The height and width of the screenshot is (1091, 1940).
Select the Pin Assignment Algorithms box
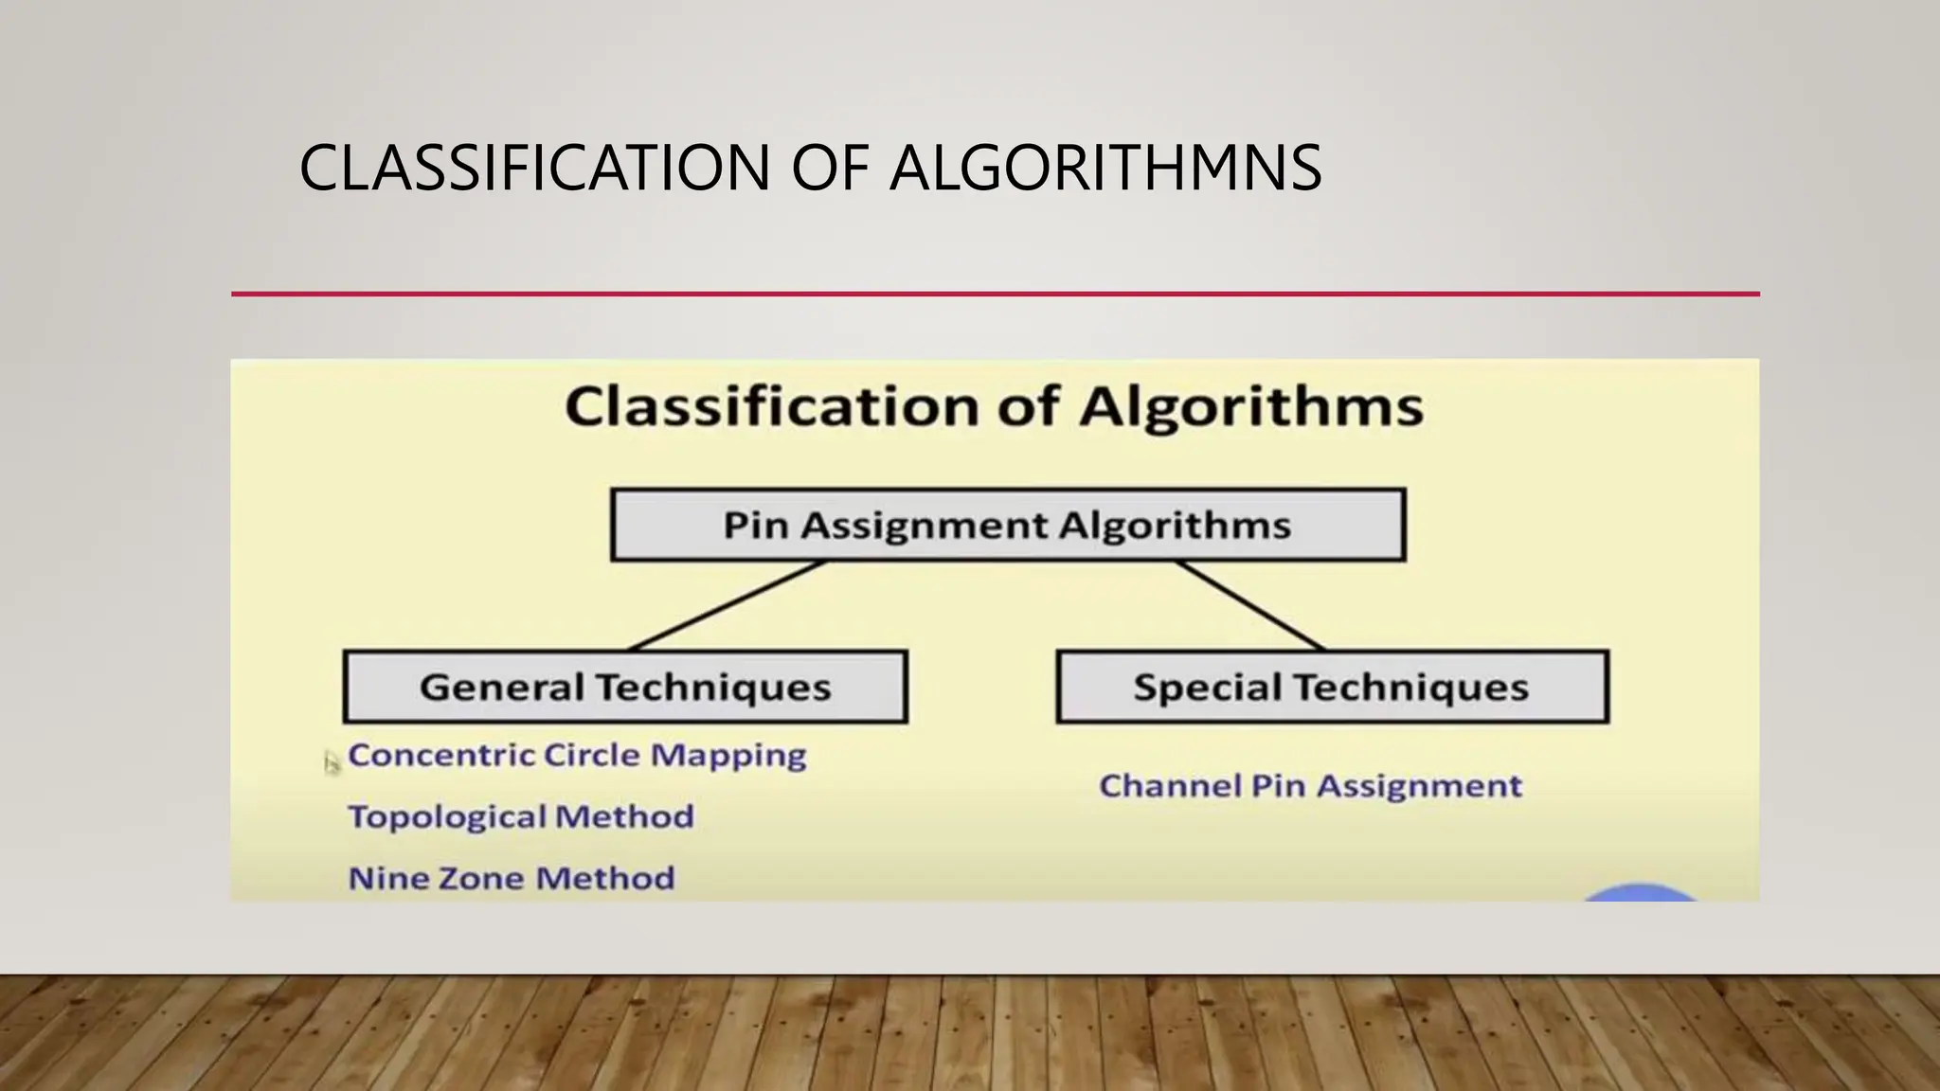click(x=1008, y=525)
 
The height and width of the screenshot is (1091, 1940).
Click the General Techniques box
click(x=625, y=687)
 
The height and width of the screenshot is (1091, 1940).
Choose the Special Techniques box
click(x=1331, y=687)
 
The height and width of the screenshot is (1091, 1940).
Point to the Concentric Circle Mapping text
click(x=577, y=755)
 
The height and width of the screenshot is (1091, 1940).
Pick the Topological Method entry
click(x=521, y=816)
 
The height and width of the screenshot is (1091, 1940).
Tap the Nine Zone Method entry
click(x=512, y=878)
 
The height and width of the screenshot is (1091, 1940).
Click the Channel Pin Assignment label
click(x=1310, y=786)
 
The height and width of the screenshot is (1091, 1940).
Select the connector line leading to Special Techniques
click(x=1249, y=605)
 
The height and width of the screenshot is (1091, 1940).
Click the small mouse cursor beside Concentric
click(x=331, y=762)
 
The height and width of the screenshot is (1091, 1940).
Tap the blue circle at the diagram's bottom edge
click(x=1641, y=893)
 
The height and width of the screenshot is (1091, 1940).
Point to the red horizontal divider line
click(x=995, y=295)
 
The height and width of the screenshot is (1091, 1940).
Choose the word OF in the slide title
click(x=830, y=169)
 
